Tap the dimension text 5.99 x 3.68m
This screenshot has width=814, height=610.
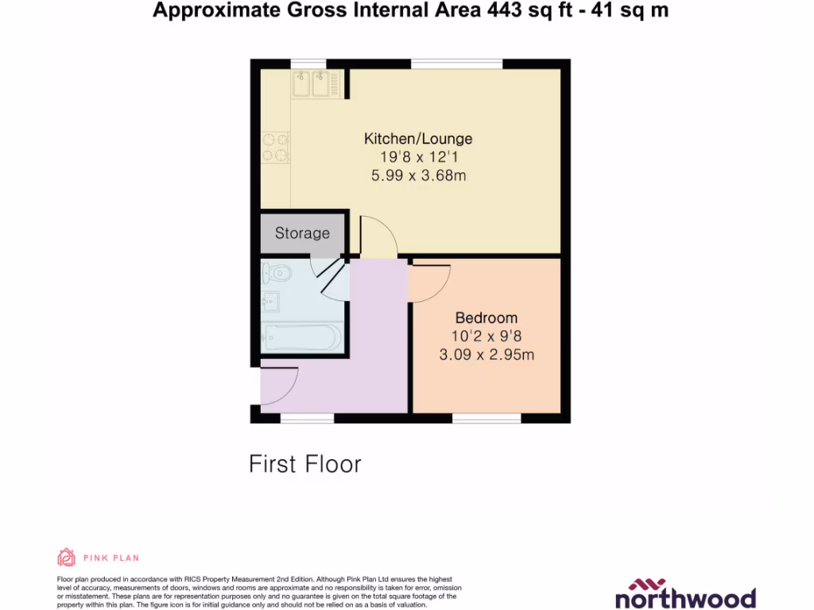[418, 176]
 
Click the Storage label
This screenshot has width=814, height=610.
[302, 234]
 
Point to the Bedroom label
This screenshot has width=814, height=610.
[486, 318]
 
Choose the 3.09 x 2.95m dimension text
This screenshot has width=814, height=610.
[486, 355]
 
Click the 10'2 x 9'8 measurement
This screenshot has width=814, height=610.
[486, 337]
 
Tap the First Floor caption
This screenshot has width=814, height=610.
[305, 464]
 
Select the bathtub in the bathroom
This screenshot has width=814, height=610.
[302, 338]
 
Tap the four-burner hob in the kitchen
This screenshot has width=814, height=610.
[275, 147]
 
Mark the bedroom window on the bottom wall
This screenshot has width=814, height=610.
[486, 418]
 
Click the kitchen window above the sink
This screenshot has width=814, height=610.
[308, 64]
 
